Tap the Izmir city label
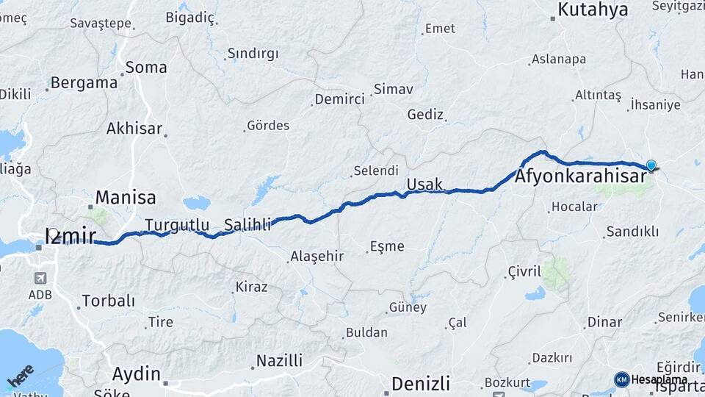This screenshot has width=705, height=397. tap(70, 235)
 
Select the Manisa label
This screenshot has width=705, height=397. tap(126, 197)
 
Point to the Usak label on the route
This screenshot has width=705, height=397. tap(424, 182)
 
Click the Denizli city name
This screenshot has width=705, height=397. tap(420, 383)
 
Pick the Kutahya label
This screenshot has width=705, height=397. tap(593, 10)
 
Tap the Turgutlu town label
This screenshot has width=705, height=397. tap(177, 225)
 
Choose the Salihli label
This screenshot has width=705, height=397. tap(247, 225)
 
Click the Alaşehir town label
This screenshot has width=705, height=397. tap(317, 256)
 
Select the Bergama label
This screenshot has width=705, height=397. tap(84, 82)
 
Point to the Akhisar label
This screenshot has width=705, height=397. tap(134, 128)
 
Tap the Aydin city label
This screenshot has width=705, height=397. tap(136, 373)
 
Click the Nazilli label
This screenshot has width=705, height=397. tap(278, 361)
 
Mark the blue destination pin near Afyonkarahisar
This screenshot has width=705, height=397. tap(651, 165)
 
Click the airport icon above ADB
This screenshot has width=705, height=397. tap(39, 279)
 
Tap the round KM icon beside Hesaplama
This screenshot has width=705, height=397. tap(621, 379)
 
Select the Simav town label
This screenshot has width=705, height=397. tap(393, 89)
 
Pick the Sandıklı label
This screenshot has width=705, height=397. tap(632, 232)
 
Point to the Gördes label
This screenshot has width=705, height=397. tap(268, 126)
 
